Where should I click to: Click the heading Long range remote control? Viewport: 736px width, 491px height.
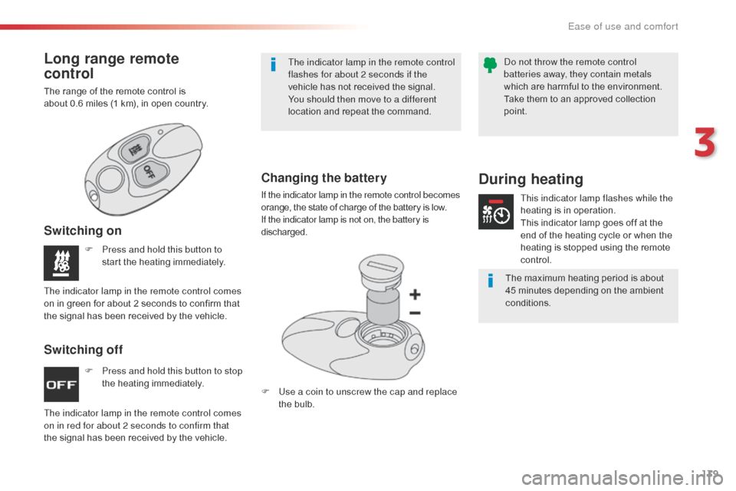(x=111, y=67)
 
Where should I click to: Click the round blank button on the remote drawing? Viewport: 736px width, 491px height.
(x=110, y=180)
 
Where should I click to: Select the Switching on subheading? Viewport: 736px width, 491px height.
(x=82, y=231)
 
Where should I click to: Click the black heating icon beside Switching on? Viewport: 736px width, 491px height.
(x=61, y=262)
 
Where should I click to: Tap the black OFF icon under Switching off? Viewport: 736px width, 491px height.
(x=61, y=385)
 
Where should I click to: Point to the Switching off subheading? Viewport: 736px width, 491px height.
(x=83, y=350)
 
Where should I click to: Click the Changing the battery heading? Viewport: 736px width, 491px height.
(x=324, y=178)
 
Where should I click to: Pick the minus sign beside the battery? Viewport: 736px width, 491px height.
(x=415, y=313)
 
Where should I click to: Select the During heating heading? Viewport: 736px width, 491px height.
(x=531, y=180)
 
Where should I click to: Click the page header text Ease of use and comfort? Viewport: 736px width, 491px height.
(x=623, y=26)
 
